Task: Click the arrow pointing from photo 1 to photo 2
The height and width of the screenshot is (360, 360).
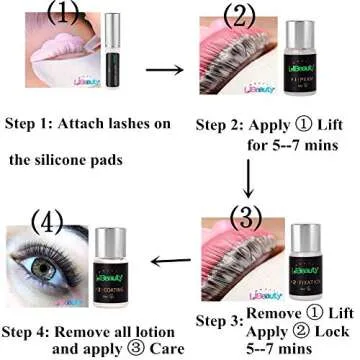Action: point(168,70)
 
